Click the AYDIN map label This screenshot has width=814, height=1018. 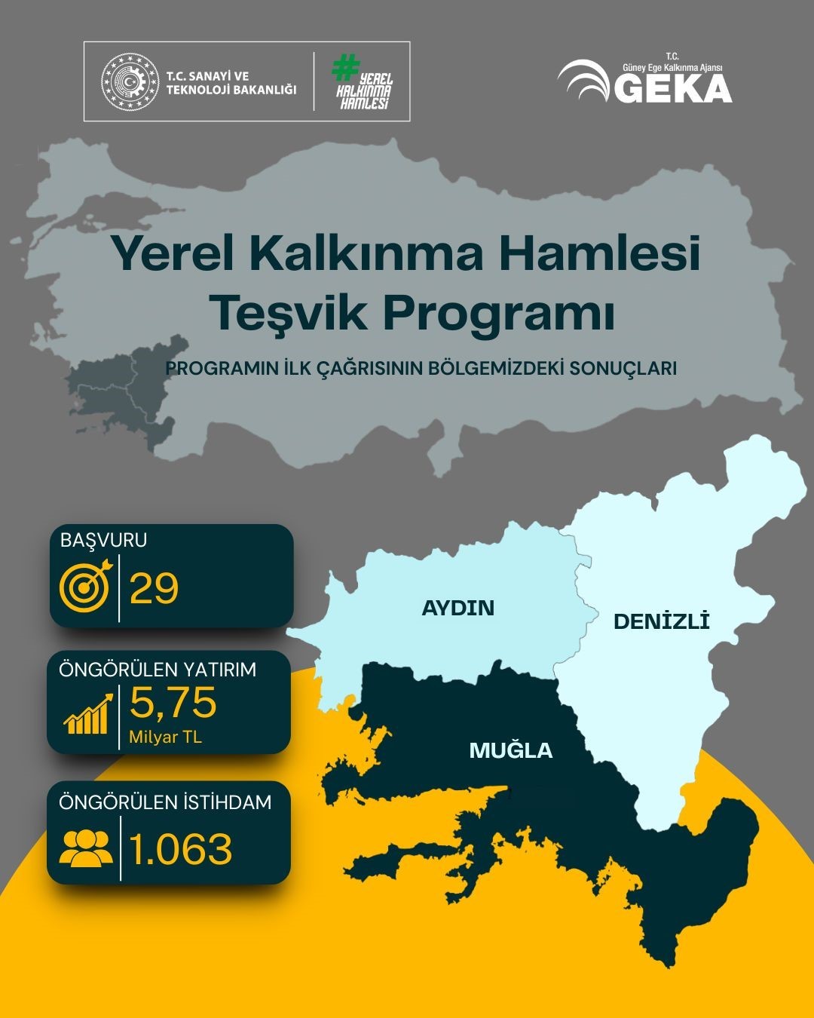click(x=457, y=608)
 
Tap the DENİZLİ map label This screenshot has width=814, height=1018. click(x=662, y=621)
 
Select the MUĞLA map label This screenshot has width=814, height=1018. click(x=510, y=750)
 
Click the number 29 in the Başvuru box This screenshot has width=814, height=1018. click(x=154, y=588)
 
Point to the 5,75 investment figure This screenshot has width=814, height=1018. click(x=173, y=702)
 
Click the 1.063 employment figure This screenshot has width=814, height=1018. click(x=181, y=849)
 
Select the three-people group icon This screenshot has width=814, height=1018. click(x=84, y=847)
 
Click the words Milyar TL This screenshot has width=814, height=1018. click(x=166, y=737)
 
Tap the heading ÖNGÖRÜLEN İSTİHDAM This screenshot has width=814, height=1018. click(x=165, y=802)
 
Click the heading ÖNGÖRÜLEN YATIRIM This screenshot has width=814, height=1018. click(x=157, y=669)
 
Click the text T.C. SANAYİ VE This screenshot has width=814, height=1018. click(x=207, y=76)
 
